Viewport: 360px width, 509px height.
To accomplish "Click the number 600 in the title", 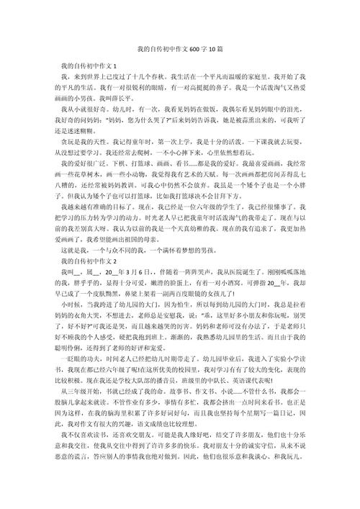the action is tap(191, 51).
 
